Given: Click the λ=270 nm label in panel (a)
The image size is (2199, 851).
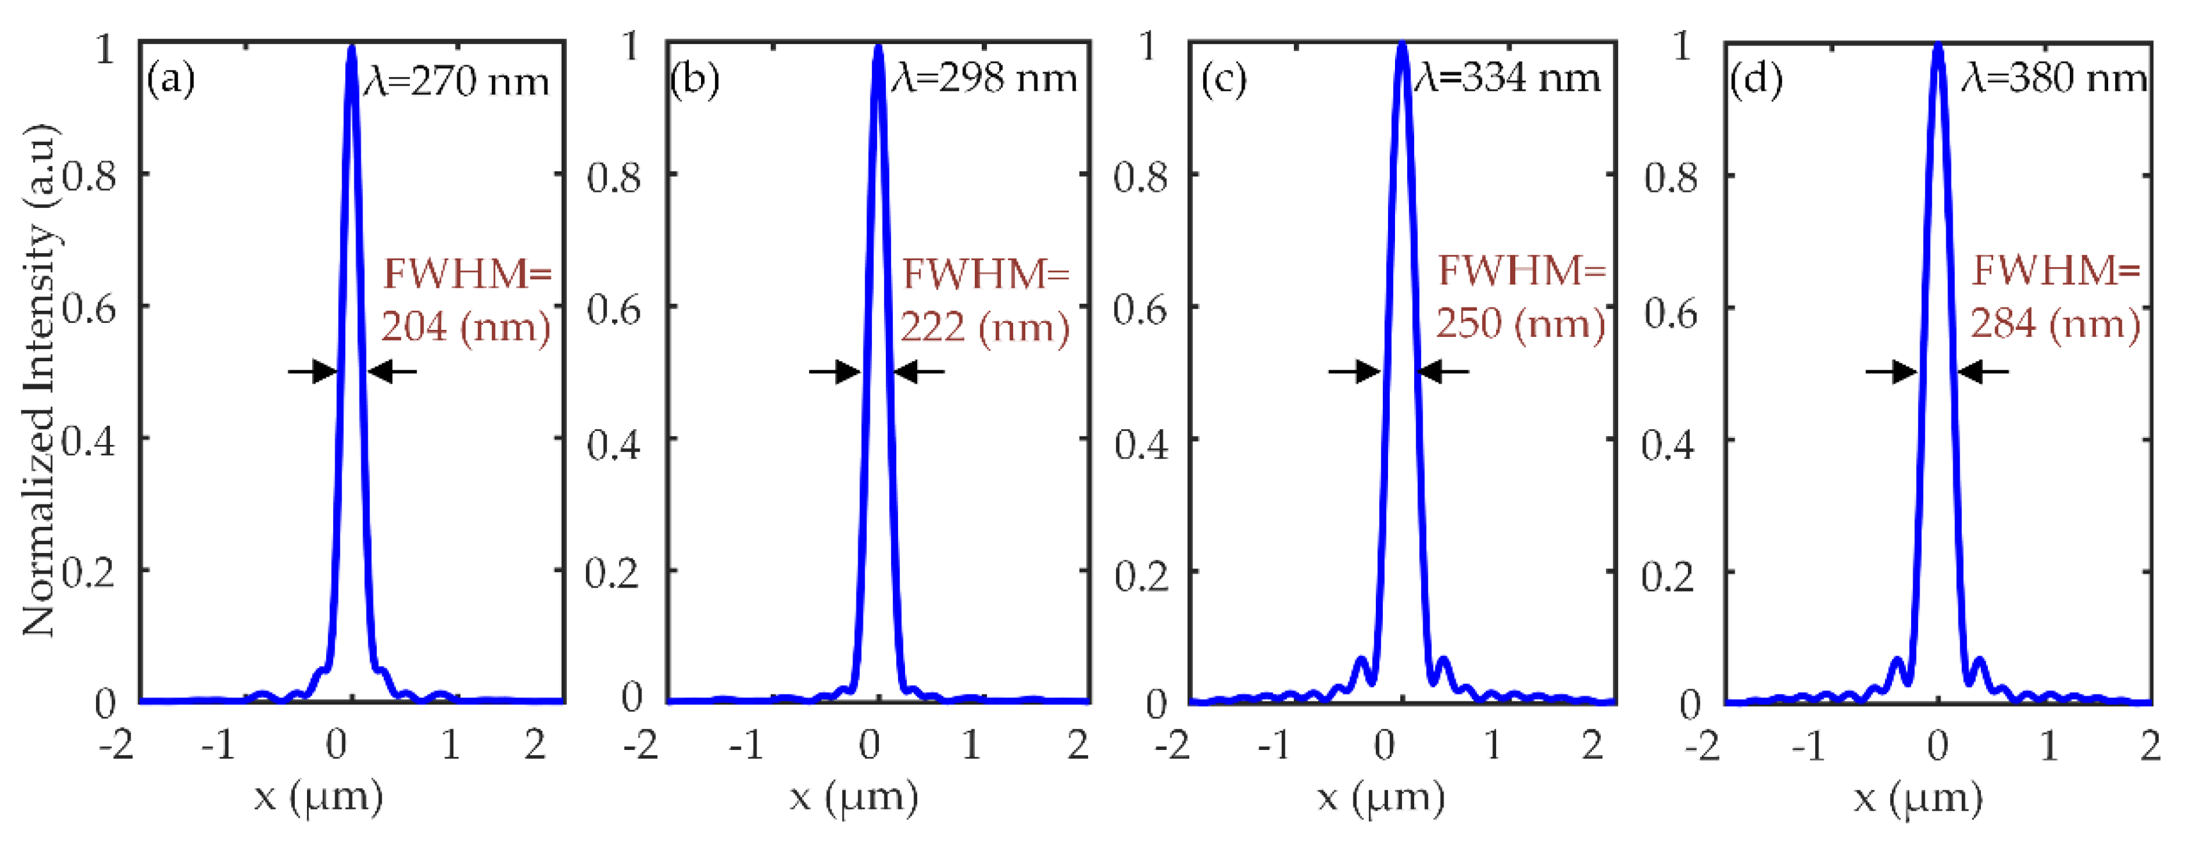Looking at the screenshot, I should [457, 82].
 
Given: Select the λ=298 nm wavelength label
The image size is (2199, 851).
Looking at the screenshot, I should [984, 79].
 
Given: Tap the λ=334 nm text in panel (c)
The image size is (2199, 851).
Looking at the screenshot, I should [1508, 79].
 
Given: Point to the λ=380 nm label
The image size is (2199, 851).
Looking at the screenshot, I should [2054, 79].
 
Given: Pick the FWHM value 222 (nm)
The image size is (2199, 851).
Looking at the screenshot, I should [985, 327].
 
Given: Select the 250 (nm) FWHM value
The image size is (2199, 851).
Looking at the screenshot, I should [1520, 324].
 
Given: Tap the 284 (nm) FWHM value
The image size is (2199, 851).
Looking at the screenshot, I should [2054, 324].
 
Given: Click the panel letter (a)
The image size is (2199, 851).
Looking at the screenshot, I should [171, 80].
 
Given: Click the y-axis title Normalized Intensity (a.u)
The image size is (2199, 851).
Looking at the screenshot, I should [39, 380].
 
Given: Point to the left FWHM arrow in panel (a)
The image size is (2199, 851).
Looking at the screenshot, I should [312, 371].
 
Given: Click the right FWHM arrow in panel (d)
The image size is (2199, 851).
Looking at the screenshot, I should [1982, 371].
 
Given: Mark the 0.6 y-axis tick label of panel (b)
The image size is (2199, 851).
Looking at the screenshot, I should [614, 309].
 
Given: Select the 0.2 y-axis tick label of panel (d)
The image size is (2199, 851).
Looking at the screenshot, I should [1667, 576].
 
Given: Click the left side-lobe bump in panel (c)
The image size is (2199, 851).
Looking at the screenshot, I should [1362, 662].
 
